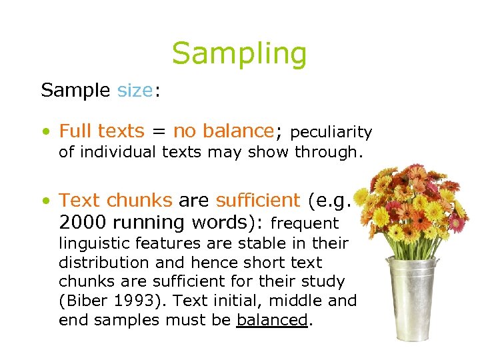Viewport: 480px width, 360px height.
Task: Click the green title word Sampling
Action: click(239, 54)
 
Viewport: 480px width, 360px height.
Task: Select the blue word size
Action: click(135, 90)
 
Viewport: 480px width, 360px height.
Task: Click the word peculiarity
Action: click(331, 133)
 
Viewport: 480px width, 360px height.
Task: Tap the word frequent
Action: click(305, 223)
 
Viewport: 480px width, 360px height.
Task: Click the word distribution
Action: click(101, 262)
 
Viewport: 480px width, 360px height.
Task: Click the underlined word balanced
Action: click(272, 320)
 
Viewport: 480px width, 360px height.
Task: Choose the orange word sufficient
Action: click(258, 200)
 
